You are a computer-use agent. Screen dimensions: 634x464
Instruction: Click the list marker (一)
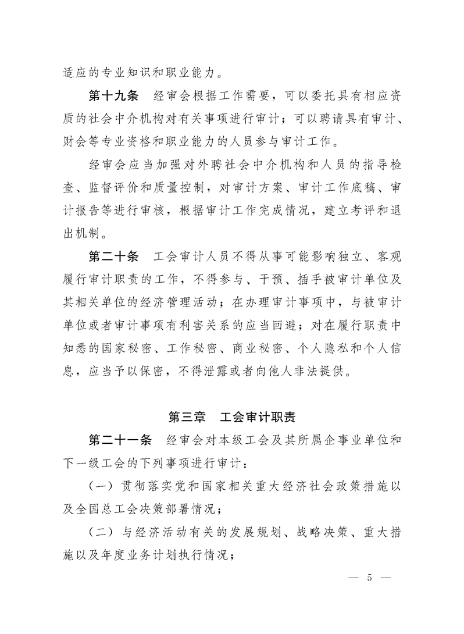click(x=101, y=485)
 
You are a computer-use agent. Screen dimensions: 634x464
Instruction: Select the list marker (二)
click(x=101, y=532)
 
